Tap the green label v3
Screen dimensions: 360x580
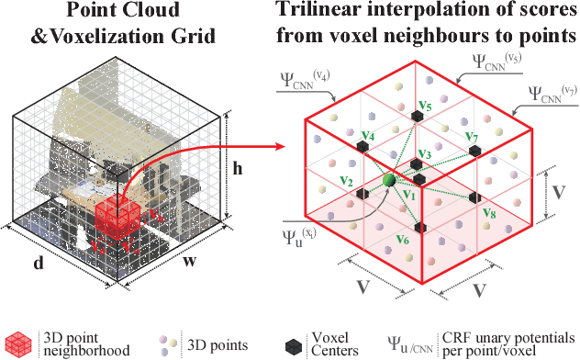pyautogui.click(x=424, y=153)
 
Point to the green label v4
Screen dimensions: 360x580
pyautogui.click(x=367, y=137)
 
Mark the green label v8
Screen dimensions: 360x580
pyautogui.click(x=488, y=215)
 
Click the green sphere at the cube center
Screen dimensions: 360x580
pyautogui.click(x=389, y=181)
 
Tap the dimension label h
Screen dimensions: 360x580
pyautogui.click(x=237, y=168)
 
